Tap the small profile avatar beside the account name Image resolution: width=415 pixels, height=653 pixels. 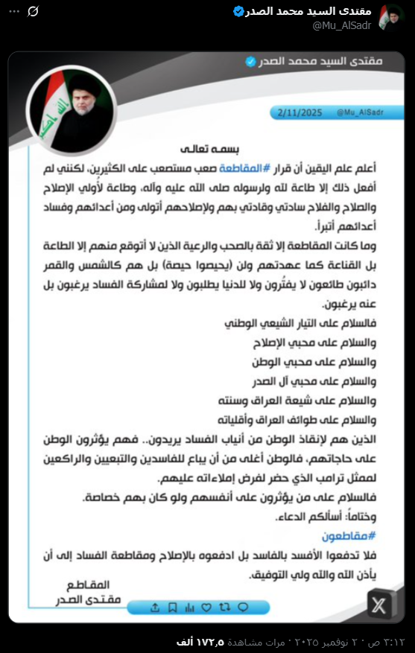pos(392,17)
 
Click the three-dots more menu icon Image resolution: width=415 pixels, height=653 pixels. pos(14,11)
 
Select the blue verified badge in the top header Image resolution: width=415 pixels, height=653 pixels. pos(239,11)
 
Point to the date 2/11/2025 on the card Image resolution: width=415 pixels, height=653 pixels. pos(297,112)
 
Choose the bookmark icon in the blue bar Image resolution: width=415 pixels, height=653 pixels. pos(171,607)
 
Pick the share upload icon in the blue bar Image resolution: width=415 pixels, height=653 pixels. pos(155,607)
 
